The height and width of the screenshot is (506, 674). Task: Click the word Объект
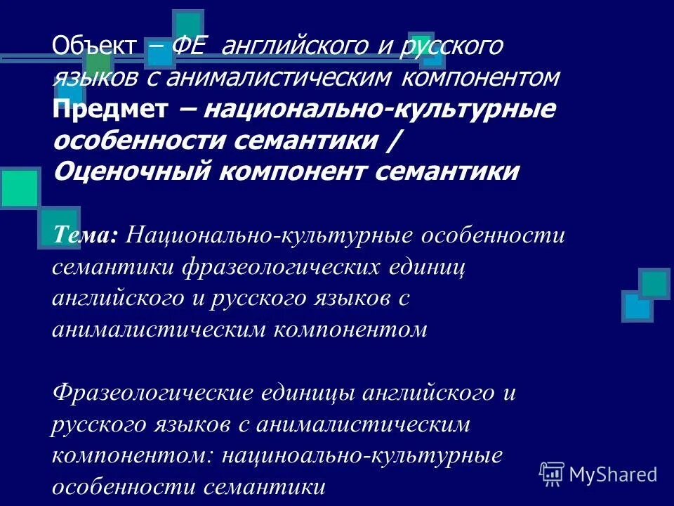tap(93, 46)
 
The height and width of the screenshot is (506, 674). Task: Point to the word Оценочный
tap(130, 171)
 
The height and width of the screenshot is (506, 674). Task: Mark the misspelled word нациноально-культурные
tap(362, 455)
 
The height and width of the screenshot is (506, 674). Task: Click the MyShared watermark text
tap(613, 474)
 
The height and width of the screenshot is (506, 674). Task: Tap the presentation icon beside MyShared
tap(552, 474)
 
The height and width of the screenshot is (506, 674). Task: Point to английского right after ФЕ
tap(302, 46)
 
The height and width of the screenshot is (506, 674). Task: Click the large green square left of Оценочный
tap(19, 188)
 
